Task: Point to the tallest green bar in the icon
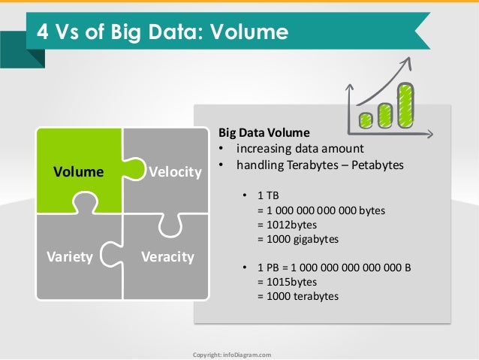pyautogui.click(x=405, y=104)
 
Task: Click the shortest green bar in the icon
pyautogui.click(x=366, y=119)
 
